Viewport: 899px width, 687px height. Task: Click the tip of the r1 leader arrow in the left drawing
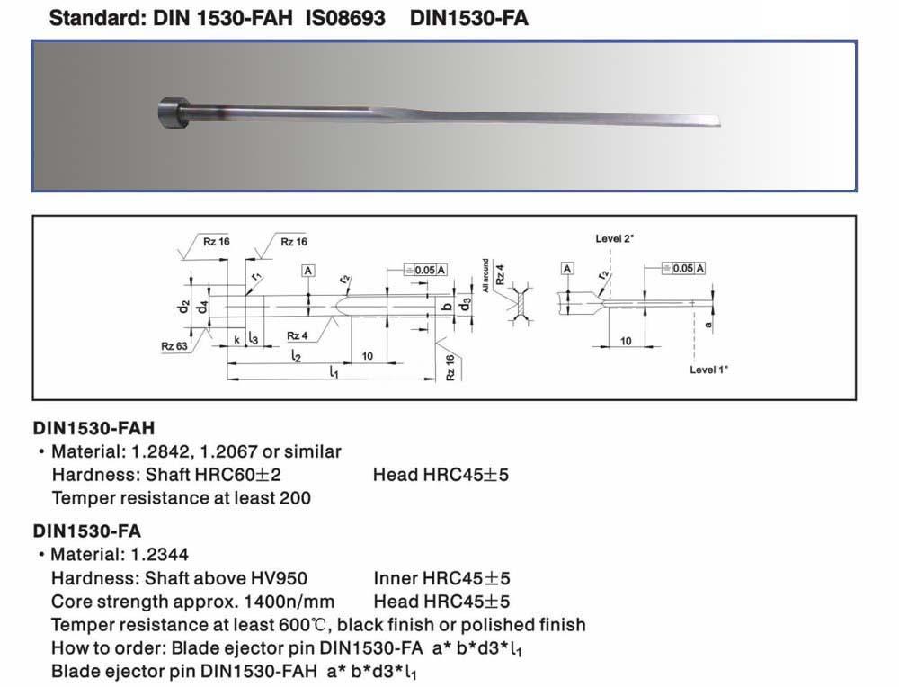246,296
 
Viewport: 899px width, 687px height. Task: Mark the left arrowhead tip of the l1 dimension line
227,379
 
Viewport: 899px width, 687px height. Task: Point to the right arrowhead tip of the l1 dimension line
436,379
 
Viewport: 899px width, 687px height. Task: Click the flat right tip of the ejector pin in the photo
719,121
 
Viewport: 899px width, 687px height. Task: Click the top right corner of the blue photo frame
857,40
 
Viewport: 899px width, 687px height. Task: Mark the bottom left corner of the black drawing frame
32,399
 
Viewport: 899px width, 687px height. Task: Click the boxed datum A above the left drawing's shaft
307,271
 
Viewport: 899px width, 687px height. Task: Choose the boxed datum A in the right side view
567,268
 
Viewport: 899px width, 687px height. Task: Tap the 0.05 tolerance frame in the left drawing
425,270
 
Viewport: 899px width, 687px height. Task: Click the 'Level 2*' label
614,238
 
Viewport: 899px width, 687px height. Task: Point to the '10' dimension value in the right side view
626,341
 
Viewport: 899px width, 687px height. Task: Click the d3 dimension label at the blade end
467,304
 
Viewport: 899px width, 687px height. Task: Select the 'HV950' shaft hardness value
280,578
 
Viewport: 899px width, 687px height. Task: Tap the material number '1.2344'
159,555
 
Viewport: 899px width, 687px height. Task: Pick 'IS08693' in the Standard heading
345,18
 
